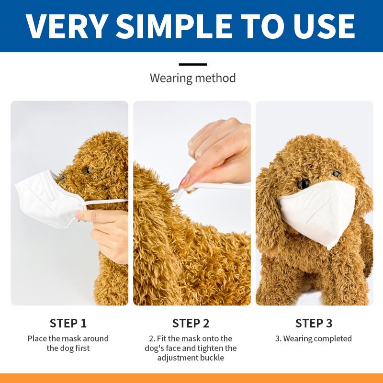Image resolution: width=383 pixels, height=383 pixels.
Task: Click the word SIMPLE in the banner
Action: click(174, 26)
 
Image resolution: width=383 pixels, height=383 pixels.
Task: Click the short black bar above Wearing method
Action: click(193, 65)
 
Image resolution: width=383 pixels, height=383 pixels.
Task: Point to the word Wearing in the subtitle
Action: click(171, 79)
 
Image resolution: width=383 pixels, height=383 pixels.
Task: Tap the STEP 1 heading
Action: click(68, 323)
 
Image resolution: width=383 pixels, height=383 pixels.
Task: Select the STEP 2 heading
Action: click(191, 323)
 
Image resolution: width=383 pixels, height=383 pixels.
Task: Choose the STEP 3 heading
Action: click(314, 323)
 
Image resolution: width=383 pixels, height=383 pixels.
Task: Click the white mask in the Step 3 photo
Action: click(317, 213)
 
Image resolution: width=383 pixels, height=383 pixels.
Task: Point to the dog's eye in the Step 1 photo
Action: click(88, 170)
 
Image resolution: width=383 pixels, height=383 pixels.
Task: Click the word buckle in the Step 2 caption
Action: click(212, 358)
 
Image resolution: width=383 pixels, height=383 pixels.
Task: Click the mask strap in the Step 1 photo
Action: click(105, 202)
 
